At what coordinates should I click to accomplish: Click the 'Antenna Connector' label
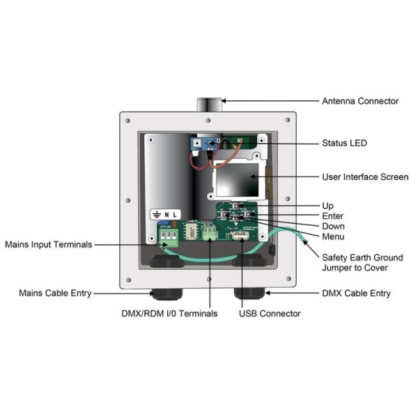click(359, 101)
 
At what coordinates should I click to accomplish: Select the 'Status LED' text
click(344, 143)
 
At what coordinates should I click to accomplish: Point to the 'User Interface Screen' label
click(365, 177)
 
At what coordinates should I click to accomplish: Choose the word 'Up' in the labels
click(327, 206)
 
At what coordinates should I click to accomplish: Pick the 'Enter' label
click(332, 217)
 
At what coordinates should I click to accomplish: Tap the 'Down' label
click(332, 226)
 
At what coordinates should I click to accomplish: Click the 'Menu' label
click(332, 236)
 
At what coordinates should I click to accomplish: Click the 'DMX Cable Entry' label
click(356, 293)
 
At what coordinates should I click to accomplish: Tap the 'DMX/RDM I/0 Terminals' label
click(169, 313)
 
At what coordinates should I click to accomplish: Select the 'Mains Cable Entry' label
click(55, 293)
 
